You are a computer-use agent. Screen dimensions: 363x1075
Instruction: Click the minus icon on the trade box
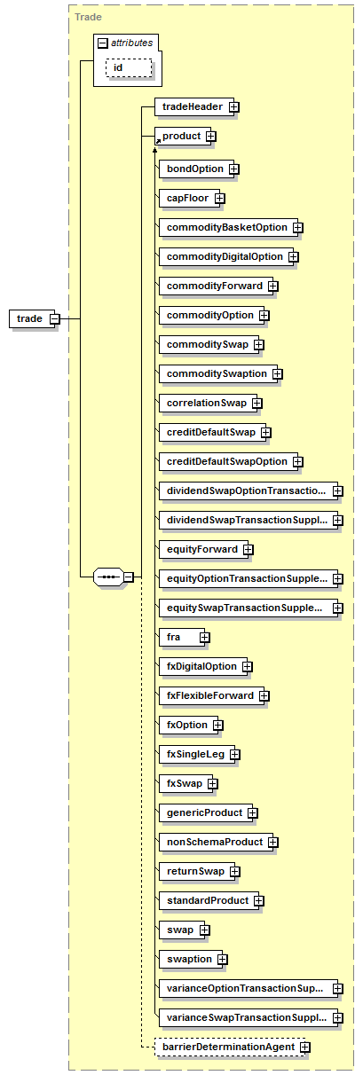(x=55, y=318)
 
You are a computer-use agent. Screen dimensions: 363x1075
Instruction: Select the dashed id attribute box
(x=129, y=67)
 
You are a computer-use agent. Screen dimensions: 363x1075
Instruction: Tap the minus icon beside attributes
(x=103, y=43)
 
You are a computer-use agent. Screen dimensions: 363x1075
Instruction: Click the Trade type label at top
(x=89, y=17)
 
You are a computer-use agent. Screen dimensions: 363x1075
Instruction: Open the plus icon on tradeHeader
(x=233, y=107)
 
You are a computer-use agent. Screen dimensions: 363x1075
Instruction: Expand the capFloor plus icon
(x=219, y=198)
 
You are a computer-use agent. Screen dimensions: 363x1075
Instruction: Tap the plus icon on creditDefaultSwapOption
(x=297, y=462)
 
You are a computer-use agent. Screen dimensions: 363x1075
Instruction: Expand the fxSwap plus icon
(x=213, y=784)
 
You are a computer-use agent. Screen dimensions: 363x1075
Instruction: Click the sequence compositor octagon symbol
(x=109, y=577)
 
